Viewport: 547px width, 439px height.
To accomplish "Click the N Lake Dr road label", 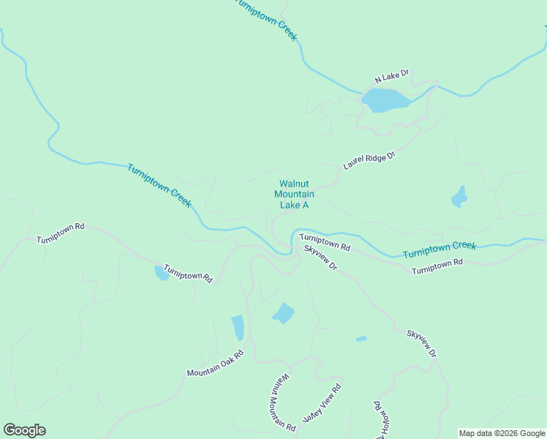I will [x=391, y=76].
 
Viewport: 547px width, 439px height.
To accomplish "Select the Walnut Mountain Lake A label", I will [x=294, y=195].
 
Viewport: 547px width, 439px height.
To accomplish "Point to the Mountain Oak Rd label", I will [x=214, y=362].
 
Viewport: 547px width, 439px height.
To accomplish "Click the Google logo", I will [x=24, y=430].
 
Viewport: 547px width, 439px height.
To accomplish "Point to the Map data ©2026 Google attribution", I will [x=502, y=433].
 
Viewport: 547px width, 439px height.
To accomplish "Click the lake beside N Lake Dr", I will [x=386, y=100].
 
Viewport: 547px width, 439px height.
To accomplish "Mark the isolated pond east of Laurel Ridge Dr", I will [x=459, y=196].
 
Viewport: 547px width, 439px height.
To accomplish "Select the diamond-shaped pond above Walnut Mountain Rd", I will [x=283, y=313].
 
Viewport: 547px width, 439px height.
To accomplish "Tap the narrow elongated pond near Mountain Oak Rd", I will [x=238, y=327].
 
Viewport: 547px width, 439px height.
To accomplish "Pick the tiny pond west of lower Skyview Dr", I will [x=361, y=339].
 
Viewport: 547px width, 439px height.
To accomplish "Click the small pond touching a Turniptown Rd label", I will [x=161, y=273].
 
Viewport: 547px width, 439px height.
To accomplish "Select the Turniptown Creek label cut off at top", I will [x=266, y=18].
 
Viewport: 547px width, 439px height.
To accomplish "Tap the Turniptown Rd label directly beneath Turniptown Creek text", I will [x=437, y=266].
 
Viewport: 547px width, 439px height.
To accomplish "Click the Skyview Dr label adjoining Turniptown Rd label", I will [x=320, y=258].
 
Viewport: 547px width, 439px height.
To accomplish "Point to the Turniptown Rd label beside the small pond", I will [x=188, y=274].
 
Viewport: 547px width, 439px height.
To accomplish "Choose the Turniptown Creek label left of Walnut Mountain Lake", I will [x=159, y=186].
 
